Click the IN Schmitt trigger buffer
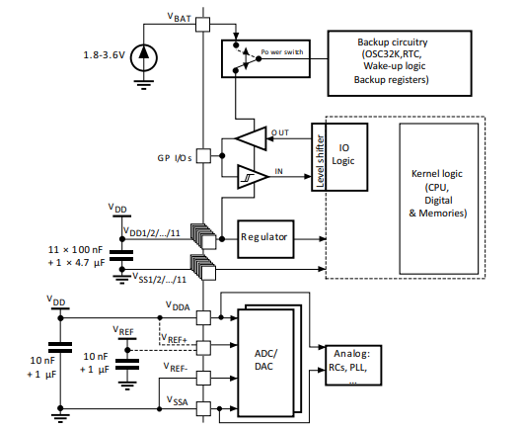(x=253, y=176)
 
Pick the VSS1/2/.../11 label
(x=150, y=278)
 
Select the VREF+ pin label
(x=176, y=338)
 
